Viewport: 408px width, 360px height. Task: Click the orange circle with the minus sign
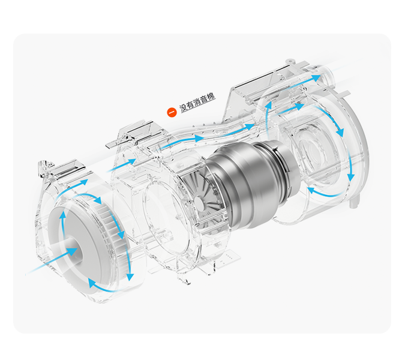click(x=172, y=112)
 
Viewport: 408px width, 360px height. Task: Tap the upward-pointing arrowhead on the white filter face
click(x=63, y=215)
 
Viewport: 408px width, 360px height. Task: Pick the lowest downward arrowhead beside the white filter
click(x=130, y=277)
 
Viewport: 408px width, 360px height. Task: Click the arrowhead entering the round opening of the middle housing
click(x=131, y=161)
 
